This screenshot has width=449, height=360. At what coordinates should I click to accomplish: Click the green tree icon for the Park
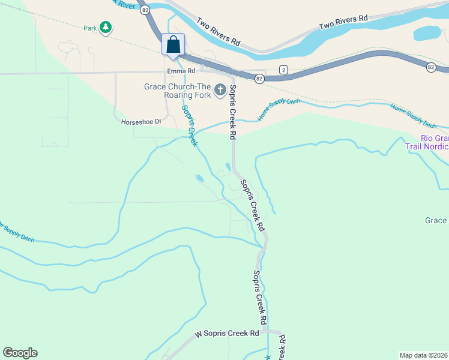106,27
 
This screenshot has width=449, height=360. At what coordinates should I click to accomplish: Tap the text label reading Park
90,28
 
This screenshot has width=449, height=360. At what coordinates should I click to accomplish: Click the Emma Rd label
181,71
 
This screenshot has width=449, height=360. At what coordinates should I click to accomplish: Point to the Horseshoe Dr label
142,121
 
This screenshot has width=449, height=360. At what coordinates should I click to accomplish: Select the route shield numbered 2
283,70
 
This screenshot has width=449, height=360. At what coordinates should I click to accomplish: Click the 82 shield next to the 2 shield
259,79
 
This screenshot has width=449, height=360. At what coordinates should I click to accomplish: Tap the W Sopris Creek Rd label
227,333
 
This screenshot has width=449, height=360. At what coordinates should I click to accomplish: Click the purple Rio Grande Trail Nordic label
434,142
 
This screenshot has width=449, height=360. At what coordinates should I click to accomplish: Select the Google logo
20,353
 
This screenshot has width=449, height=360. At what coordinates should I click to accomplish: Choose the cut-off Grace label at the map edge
436,220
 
